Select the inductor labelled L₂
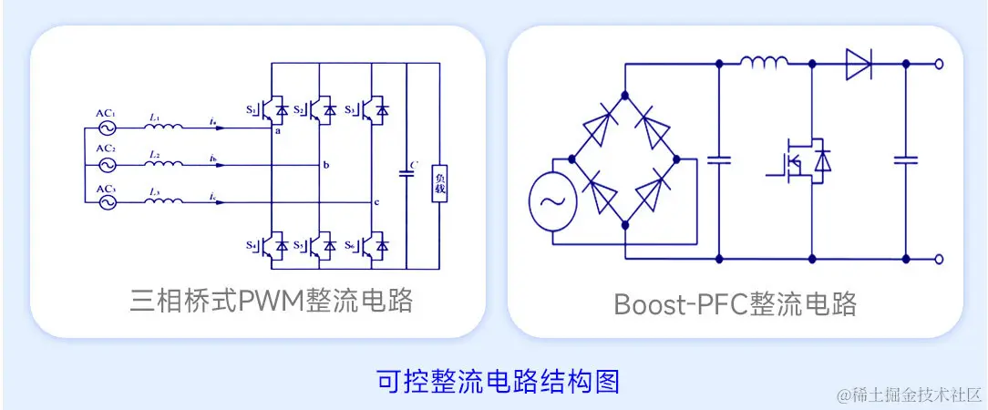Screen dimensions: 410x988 point(164,166)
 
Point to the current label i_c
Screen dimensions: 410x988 point(212,197)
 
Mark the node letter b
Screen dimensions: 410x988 point(325,165)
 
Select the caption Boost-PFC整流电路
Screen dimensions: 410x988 point(735,303)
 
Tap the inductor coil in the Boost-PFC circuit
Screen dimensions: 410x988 point(764,63)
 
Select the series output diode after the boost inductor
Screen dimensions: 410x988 point(858,64)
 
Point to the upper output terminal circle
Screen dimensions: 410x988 point(940,64)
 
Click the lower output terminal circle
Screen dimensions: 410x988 point(940,259)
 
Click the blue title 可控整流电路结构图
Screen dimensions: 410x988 point(498,381)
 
